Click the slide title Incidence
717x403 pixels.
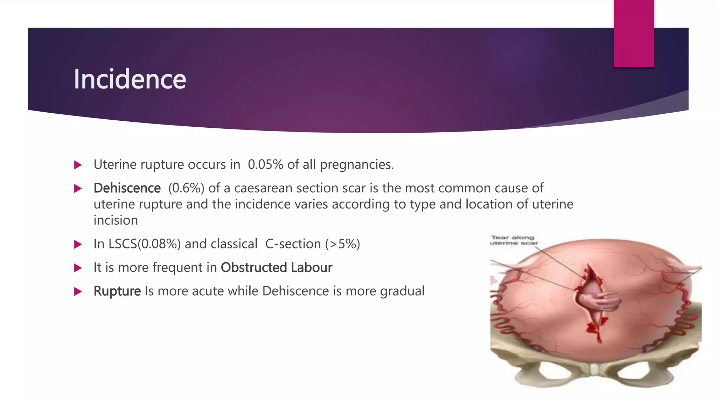[130, 79]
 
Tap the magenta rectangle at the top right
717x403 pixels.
[634, 34]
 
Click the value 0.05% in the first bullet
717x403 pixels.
[265, 164]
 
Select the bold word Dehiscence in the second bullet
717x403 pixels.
[127, 188]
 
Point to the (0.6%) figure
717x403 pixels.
[186, 188]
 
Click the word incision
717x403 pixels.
[116, 220]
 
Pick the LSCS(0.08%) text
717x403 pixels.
[137, 244]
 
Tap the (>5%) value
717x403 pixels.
[342, 244]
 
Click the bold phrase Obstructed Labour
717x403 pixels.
[276, 268]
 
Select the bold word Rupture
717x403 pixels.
[117, 291]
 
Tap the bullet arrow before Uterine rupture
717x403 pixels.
[78, 165]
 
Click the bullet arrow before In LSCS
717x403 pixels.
[78, 244]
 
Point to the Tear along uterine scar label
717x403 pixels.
[514, 240]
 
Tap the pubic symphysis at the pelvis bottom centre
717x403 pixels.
[594, 369]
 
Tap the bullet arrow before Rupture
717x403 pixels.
[78, 291]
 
